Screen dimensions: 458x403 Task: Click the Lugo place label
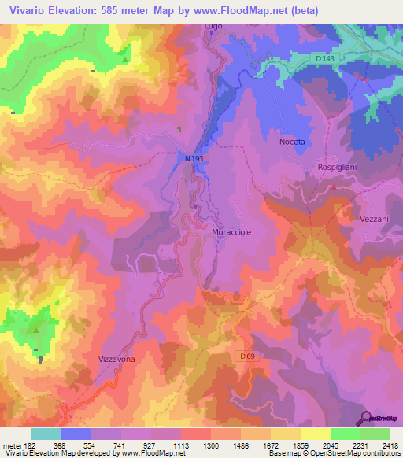(x=213, y=27)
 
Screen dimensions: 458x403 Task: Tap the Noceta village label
(x=291, y=141)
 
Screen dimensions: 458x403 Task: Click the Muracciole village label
(x=232, y=234)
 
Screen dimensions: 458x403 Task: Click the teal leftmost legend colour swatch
(x=46, y=433)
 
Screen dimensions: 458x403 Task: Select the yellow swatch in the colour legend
(x=315, y=433)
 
